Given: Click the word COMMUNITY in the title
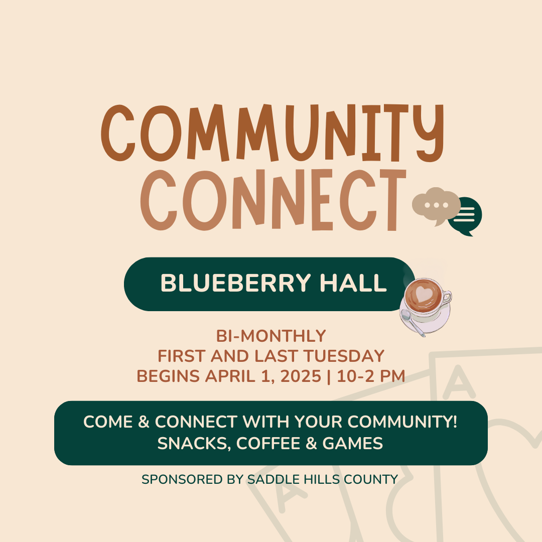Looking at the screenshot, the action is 273,132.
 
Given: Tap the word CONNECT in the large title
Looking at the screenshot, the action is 273,200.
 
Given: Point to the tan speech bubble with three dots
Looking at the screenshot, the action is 436,206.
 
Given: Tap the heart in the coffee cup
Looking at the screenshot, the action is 424,294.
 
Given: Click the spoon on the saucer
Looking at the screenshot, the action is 412,323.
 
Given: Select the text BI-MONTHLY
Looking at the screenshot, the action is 271,336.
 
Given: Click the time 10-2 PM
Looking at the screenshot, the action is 371,376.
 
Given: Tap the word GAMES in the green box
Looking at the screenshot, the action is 353,444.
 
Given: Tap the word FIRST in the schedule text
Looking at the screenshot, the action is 182,356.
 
